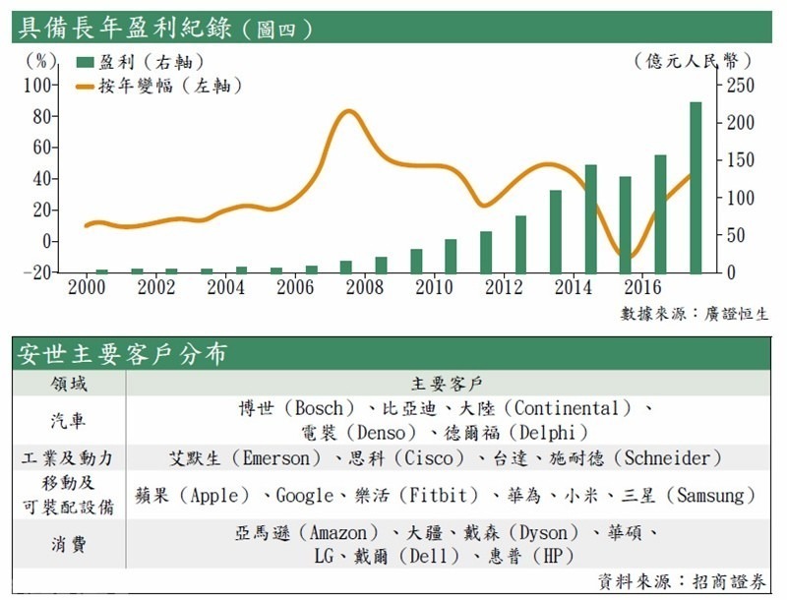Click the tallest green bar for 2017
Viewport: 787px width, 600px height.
coord(696,187)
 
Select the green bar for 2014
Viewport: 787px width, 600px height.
coord(590,218)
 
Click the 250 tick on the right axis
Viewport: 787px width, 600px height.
coord(739,85)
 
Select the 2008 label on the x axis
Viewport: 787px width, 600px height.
coord(364,287)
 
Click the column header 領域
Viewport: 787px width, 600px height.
coord(68,382)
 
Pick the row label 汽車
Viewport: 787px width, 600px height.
coord(68,420)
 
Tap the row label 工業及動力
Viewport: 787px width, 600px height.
coord(68,458)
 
